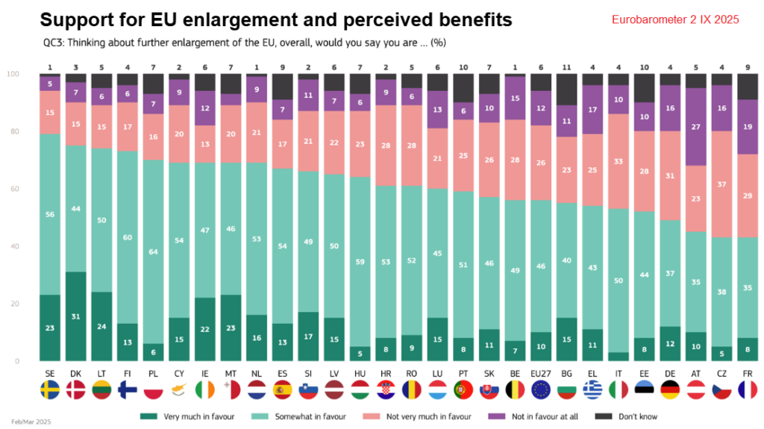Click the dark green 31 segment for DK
[x=75, y=316]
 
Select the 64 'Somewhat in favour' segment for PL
[x=153, y=251]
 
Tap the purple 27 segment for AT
[x=696, y=127]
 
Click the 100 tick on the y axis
[x=13, y=75]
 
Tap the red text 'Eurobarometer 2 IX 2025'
[x=674, y=20]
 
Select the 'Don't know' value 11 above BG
[x=567, y=66]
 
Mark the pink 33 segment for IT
[x=619, y=161]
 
